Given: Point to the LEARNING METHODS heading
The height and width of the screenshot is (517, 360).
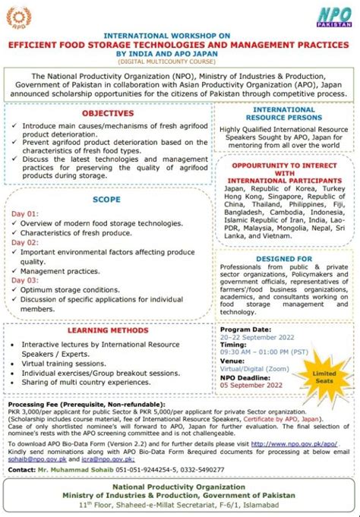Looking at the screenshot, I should pyautogui.click(x=108, y=331).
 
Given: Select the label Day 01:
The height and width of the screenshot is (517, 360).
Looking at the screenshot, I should pyautogui.click(x=24, y=213).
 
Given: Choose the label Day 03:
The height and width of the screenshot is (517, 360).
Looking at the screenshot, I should pyautogui.click(x=24, y=279).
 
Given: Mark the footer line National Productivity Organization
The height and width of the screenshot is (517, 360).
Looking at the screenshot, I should pyautogui.click(x=180, y=487).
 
